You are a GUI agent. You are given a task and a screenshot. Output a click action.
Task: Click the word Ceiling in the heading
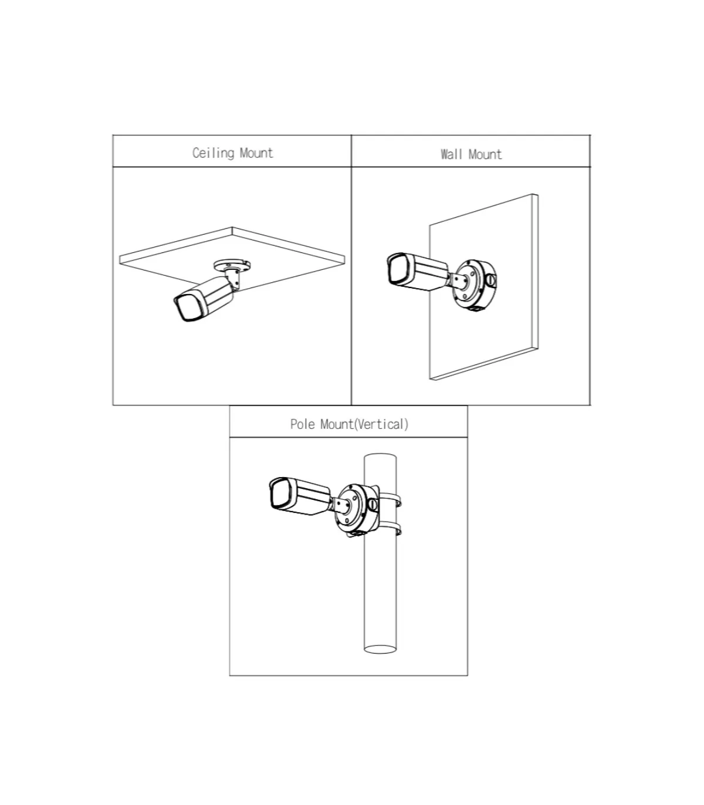coord(213,153)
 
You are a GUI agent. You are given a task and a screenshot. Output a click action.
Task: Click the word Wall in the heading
coord(451,154)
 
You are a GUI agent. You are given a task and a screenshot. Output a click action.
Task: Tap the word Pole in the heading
coord(303,424)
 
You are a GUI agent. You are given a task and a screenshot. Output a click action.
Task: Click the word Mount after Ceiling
coord(256,153)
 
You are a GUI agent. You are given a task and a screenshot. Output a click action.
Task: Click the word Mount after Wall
coord(485,154)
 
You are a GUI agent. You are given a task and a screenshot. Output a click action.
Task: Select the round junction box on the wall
coord(474,284)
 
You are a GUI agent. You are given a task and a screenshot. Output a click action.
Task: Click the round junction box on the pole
coord(357,509)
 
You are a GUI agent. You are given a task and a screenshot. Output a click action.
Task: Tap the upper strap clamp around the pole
coord(391,499)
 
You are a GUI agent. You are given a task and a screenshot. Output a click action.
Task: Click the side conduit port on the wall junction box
coord(491,280)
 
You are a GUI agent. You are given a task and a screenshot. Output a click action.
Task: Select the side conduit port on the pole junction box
coord(373,505)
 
